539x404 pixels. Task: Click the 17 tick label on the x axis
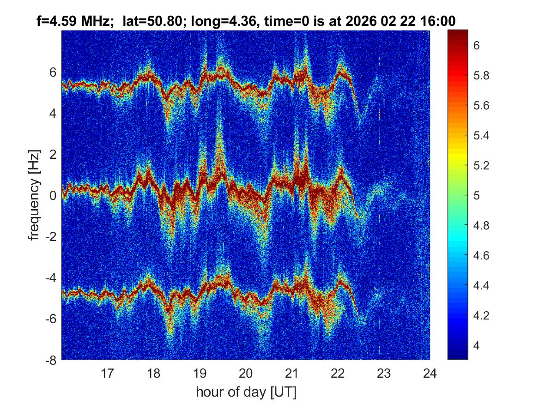(108, 373)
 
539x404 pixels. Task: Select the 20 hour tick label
(246, 373)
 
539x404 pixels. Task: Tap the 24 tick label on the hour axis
(430, 373)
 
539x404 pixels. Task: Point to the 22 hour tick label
(338, 373)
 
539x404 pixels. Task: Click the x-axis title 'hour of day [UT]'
(246, 392)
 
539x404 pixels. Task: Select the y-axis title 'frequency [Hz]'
(34, 195)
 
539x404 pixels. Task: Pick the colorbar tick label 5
(477, 195)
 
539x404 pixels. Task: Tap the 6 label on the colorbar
(477, 45)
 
